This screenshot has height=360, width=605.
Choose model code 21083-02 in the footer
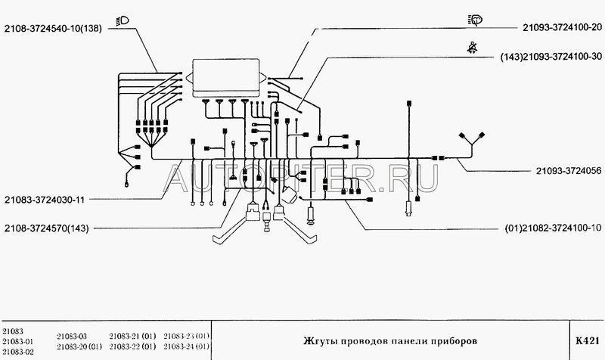click(x=20, y=352)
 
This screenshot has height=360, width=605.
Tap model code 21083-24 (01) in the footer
click(x=188, y=346)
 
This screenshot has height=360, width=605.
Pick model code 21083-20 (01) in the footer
click(x=79, y=346)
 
